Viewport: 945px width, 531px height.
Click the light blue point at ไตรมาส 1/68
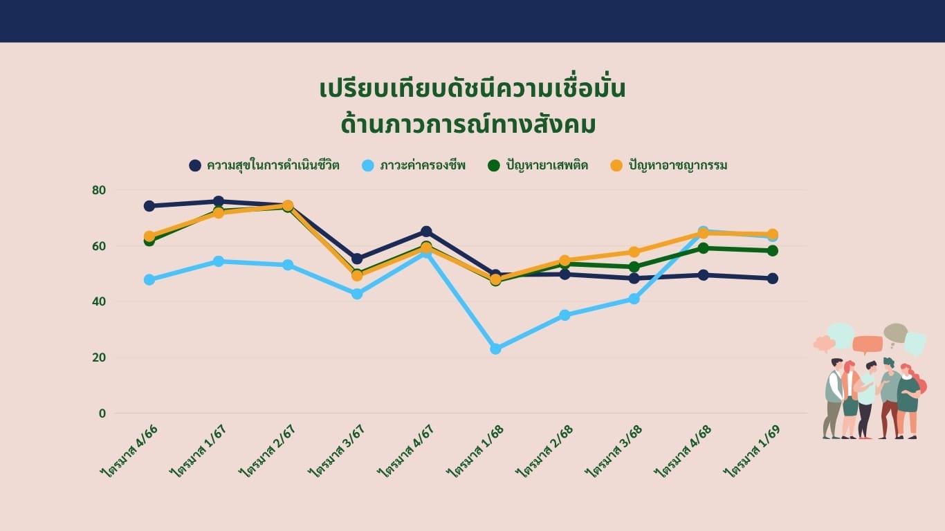tap(496, 348)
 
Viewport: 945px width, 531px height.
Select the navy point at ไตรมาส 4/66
tap(149, 206)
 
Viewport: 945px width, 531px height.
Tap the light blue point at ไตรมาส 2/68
tap(565, 315)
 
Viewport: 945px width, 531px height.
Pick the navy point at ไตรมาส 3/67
tap(357, 259)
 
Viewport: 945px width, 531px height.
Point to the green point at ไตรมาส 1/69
tap(773, 251)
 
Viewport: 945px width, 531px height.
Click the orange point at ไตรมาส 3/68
tap(634, 252)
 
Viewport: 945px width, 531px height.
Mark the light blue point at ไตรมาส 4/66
tap(149, 279)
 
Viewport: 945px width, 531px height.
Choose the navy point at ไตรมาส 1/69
tap(773, 279)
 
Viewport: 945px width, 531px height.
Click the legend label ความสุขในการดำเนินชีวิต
tap(273, 165)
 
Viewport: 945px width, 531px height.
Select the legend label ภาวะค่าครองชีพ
tap(423, 165)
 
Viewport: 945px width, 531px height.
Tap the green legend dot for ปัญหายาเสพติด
tap(493, 165)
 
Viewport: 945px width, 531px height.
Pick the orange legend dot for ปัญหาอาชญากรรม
tap(616, 165)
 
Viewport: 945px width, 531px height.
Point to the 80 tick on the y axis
tap(99, 190)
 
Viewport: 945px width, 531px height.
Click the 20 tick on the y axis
tap(99, 357)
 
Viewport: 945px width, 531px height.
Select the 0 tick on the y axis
tap(102, 413)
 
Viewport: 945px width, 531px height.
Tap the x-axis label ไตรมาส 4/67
tap(406, 451)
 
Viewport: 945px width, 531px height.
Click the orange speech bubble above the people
tap(868, 344)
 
